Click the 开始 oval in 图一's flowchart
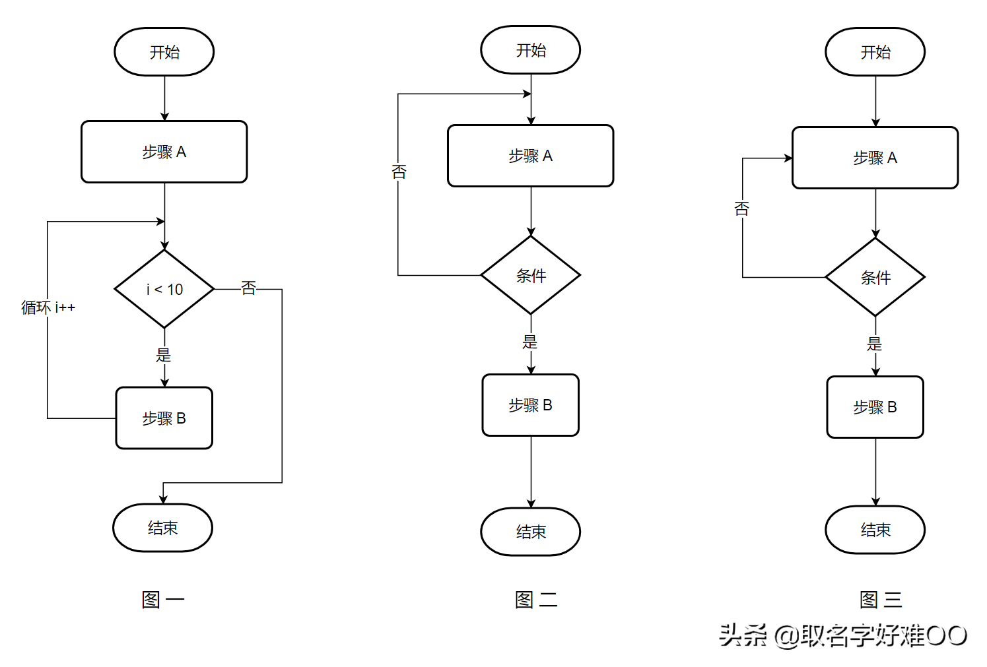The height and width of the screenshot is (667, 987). pyautogui.click(x=164, y=52)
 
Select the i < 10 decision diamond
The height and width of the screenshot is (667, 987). pyautogui.click(x=164, y=289)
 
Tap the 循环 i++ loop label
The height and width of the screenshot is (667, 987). pyautogui.click(x=48, y=307)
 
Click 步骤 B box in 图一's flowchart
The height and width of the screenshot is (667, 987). pyautogui.click(x=164, y=418)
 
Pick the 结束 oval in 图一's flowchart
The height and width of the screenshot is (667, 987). pyautogui.click(x=162, y=528)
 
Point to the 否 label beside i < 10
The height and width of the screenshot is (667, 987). pyautogui.click(x=248, y=288)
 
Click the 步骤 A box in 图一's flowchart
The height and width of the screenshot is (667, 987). pyautogui.click(x=164, y=152)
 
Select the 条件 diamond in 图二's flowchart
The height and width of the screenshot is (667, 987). pyautogui.click(x=531, y=276)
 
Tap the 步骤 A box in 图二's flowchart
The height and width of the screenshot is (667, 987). pyautogui.click(x=530, y=156)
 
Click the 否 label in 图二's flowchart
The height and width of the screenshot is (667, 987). pyautogui.click(x=399, y=172)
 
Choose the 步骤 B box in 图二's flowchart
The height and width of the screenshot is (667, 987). pyautogui.click(x=530, y=405)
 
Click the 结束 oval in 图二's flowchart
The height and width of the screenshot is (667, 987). pyautogui.click(x=531, y=532)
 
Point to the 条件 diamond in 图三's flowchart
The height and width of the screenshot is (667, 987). pyautogui.click(x=875, y=278)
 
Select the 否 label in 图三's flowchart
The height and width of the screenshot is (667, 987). pyautogui.click(x=742, y=209)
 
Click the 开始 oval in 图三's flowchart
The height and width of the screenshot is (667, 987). pyautogui.click(x=875, y=52)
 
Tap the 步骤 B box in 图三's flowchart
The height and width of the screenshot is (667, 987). pyautogui.click(x=875, y=407)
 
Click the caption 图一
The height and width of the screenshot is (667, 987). pyautogui.click(x=162, y=600)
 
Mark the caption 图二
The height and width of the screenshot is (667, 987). pyautogui.click(x=536, y=600)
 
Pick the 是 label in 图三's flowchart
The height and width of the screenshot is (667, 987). pyautogui.click(x=875, y=344)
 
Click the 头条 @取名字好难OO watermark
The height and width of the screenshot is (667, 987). pyautogui.click(x=843, y=635)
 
